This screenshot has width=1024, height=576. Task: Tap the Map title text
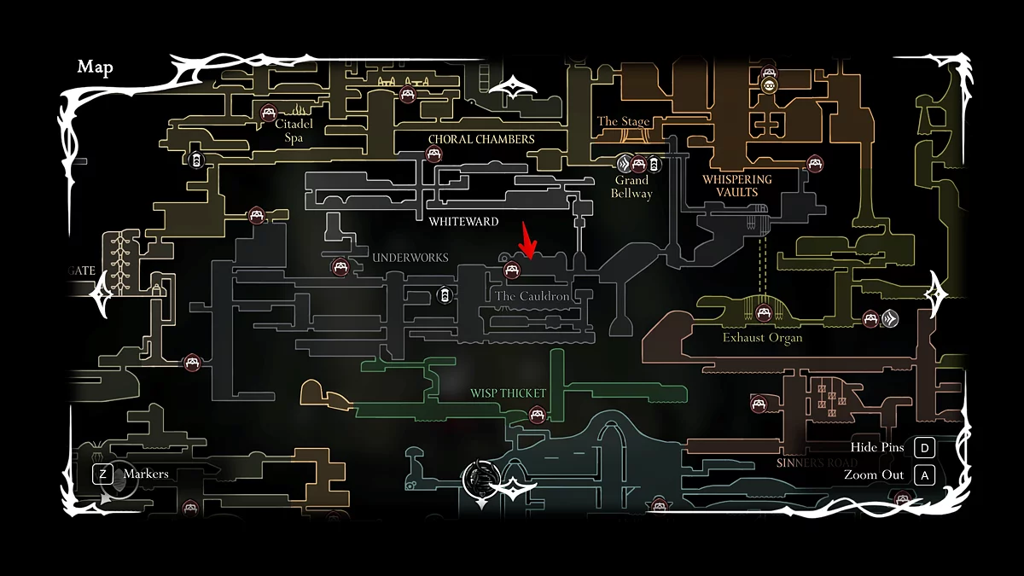[95, 67]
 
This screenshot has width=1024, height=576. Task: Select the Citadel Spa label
[294, 131]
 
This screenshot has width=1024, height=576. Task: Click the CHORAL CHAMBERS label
[481, 139]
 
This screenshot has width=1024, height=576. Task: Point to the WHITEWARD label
[463, 222]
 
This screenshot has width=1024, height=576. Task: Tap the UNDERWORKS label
[410, 258]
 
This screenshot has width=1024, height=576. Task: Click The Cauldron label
[532, 296]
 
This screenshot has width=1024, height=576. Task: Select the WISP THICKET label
[508, 393]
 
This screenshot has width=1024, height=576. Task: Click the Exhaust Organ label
[762, 338]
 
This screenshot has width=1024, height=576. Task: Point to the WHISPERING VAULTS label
[736, 186]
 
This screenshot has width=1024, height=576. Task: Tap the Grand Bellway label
[631, 187]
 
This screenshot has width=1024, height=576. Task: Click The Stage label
[624, 122]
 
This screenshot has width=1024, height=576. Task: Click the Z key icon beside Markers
[103, 474]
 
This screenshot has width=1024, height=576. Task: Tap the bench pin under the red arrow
[512, 271]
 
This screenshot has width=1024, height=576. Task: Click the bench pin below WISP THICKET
[537, 416]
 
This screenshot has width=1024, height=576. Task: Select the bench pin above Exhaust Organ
[763, 313]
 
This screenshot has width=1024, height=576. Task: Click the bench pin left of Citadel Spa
[268, 113]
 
